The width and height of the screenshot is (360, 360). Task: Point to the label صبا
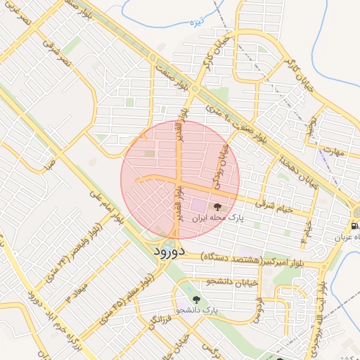point(49,165)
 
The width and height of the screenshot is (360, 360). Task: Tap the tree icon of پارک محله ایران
point(216,207)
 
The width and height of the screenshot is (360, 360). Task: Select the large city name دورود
point(168,251)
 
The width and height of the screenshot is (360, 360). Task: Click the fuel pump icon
point(354,226)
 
